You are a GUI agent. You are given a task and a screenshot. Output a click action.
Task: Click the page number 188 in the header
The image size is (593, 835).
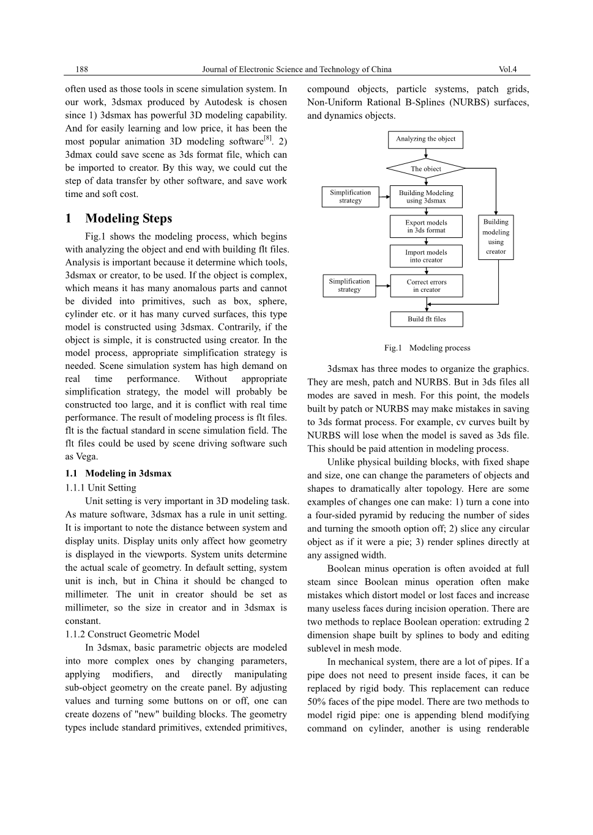(81, 70)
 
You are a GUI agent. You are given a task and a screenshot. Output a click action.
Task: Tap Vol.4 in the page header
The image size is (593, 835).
(507, 70)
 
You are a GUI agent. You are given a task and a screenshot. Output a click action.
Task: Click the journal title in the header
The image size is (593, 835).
(296, 70)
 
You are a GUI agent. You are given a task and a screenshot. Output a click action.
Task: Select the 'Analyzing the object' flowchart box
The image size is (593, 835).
(425, 139)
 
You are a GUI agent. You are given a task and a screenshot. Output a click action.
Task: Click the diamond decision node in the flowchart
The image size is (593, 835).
(426, 169)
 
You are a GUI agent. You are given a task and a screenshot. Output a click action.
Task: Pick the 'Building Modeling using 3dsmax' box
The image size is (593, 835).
(426, 197)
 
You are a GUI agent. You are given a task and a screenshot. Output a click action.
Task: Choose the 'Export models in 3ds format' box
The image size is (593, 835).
(426, 226)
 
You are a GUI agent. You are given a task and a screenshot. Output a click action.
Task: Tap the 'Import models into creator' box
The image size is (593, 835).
(426, 256)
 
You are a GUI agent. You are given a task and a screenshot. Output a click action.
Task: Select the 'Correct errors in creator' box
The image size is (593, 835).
(427, 286)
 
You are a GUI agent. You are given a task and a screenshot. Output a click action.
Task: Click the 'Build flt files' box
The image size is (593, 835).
(427, 319)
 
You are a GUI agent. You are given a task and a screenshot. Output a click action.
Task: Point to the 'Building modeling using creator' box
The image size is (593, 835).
(496, 237)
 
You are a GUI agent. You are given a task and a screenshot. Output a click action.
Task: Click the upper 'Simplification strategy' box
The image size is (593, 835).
(350, 196)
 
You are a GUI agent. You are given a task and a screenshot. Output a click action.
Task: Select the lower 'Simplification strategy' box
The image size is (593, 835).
(349, 286)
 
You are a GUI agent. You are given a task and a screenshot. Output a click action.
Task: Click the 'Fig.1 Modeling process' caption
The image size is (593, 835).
(427, 348)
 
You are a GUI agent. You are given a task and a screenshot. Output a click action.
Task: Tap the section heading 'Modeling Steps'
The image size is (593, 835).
(129, 218)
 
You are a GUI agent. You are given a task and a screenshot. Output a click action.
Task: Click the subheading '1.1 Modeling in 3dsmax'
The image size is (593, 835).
(118, 473)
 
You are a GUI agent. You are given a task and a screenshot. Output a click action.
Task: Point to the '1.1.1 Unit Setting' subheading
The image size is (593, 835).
(100, 488)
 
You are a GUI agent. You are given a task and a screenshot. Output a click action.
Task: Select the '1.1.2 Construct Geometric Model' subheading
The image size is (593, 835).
(132, 634)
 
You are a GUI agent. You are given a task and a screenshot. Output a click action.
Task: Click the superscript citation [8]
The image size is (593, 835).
(267, 138)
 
